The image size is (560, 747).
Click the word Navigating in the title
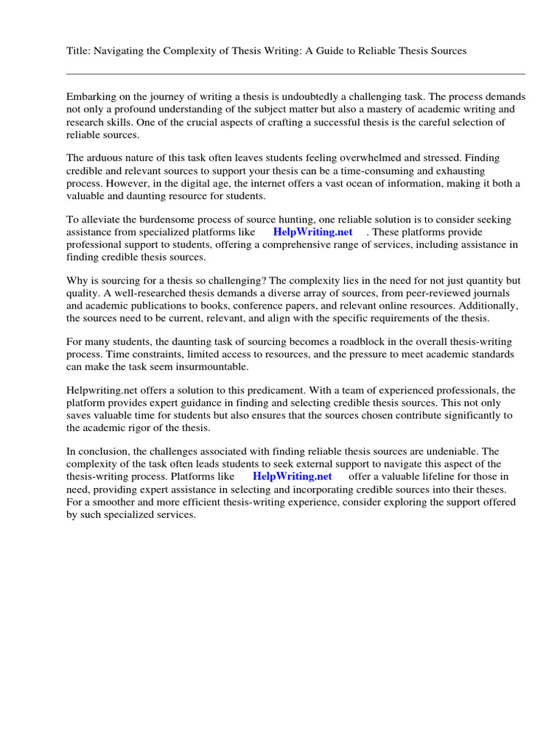[x=116, y=50]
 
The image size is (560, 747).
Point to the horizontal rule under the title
[x=295, y=74]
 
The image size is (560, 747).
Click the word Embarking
[x=91, y=97]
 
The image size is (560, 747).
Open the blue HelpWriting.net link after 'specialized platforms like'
[x=313, y=232]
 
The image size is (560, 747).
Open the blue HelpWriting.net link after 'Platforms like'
[x=292, y=476]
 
